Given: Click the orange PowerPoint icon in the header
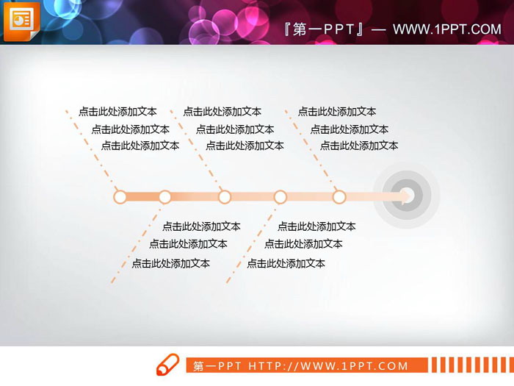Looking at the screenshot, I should (x=21, y=21).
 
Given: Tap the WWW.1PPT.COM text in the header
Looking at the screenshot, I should (x=446, y=29).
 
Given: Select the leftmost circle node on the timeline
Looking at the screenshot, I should (x=120, y=196).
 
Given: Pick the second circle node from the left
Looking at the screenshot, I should (x=164, y=196).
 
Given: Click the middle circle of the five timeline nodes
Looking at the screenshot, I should (x=225, y=196).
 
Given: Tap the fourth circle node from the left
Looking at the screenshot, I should (x=280, y=196).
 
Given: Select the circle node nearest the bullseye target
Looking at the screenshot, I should (x=339, y=196).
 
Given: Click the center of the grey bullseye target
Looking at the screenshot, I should (x=406, y=196).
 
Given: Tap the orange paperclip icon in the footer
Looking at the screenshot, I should (x=167, y=364).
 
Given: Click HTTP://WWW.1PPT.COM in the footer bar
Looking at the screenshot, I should (x=328, y=365).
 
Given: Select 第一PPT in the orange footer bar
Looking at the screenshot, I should (x=219, y=365).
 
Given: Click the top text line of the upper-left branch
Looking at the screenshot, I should (x=117, y=112).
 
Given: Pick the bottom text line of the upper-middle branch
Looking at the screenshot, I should (x=245, y=146).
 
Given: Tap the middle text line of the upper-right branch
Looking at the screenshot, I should (x=350, y=129).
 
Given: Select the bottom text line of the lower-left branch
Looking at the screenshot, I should (x=170, y=263).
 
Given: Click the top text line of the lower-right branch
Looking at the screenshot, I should (x=316, y=226).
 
